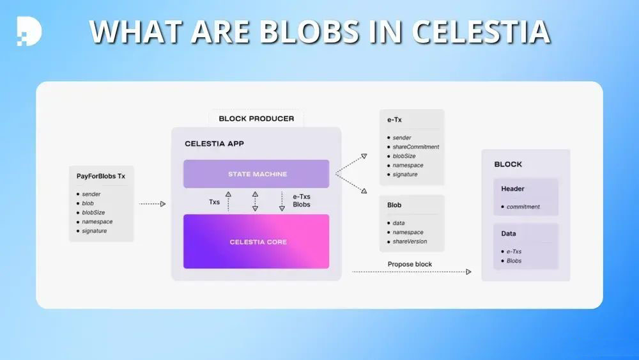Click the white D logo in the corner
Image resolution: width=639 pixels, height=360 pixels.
click(x=29, y=31)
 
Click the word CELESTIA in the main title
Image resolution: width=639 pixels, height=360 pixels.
click(x=481, y=31)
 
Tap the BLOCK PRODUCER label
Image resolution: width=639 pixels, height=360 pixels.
click(x=256, y=119)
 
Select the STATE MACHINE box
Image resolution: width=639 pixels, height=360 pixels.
click(x=256, y=174)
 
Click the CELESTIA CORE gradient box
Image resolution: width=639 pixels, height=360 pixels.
click(x=256, y=241)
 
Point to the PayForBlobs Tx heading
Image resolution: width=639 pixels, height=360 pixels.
click(x=101, y=176)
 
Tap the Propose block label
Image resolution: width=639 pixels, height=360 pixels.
click(x=410, y=264)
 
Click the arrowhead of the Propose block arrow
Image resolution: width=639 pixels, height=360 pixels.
click(x=468, y=272)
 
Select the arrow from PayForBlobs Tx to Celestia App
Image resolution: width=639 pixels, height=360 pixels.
click(x=153, y=204)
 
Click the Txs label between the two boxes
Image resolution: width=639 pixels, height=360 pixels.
click(x=214, y=202)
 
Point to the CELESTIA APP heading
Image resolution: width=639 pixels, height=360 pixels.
click(x=214, y=143)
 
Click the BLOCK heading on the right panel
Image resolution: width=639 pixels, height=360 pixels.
click(x=508, y=164)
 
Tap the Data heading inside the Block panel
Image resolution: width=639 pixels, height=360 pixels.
click(x=509, y=233)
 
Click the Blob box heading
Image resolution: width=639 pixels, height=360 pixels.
click(x=394, y=205)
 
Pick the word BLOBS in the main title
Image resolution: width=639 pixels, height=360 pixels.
click(x=309, y=31)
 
